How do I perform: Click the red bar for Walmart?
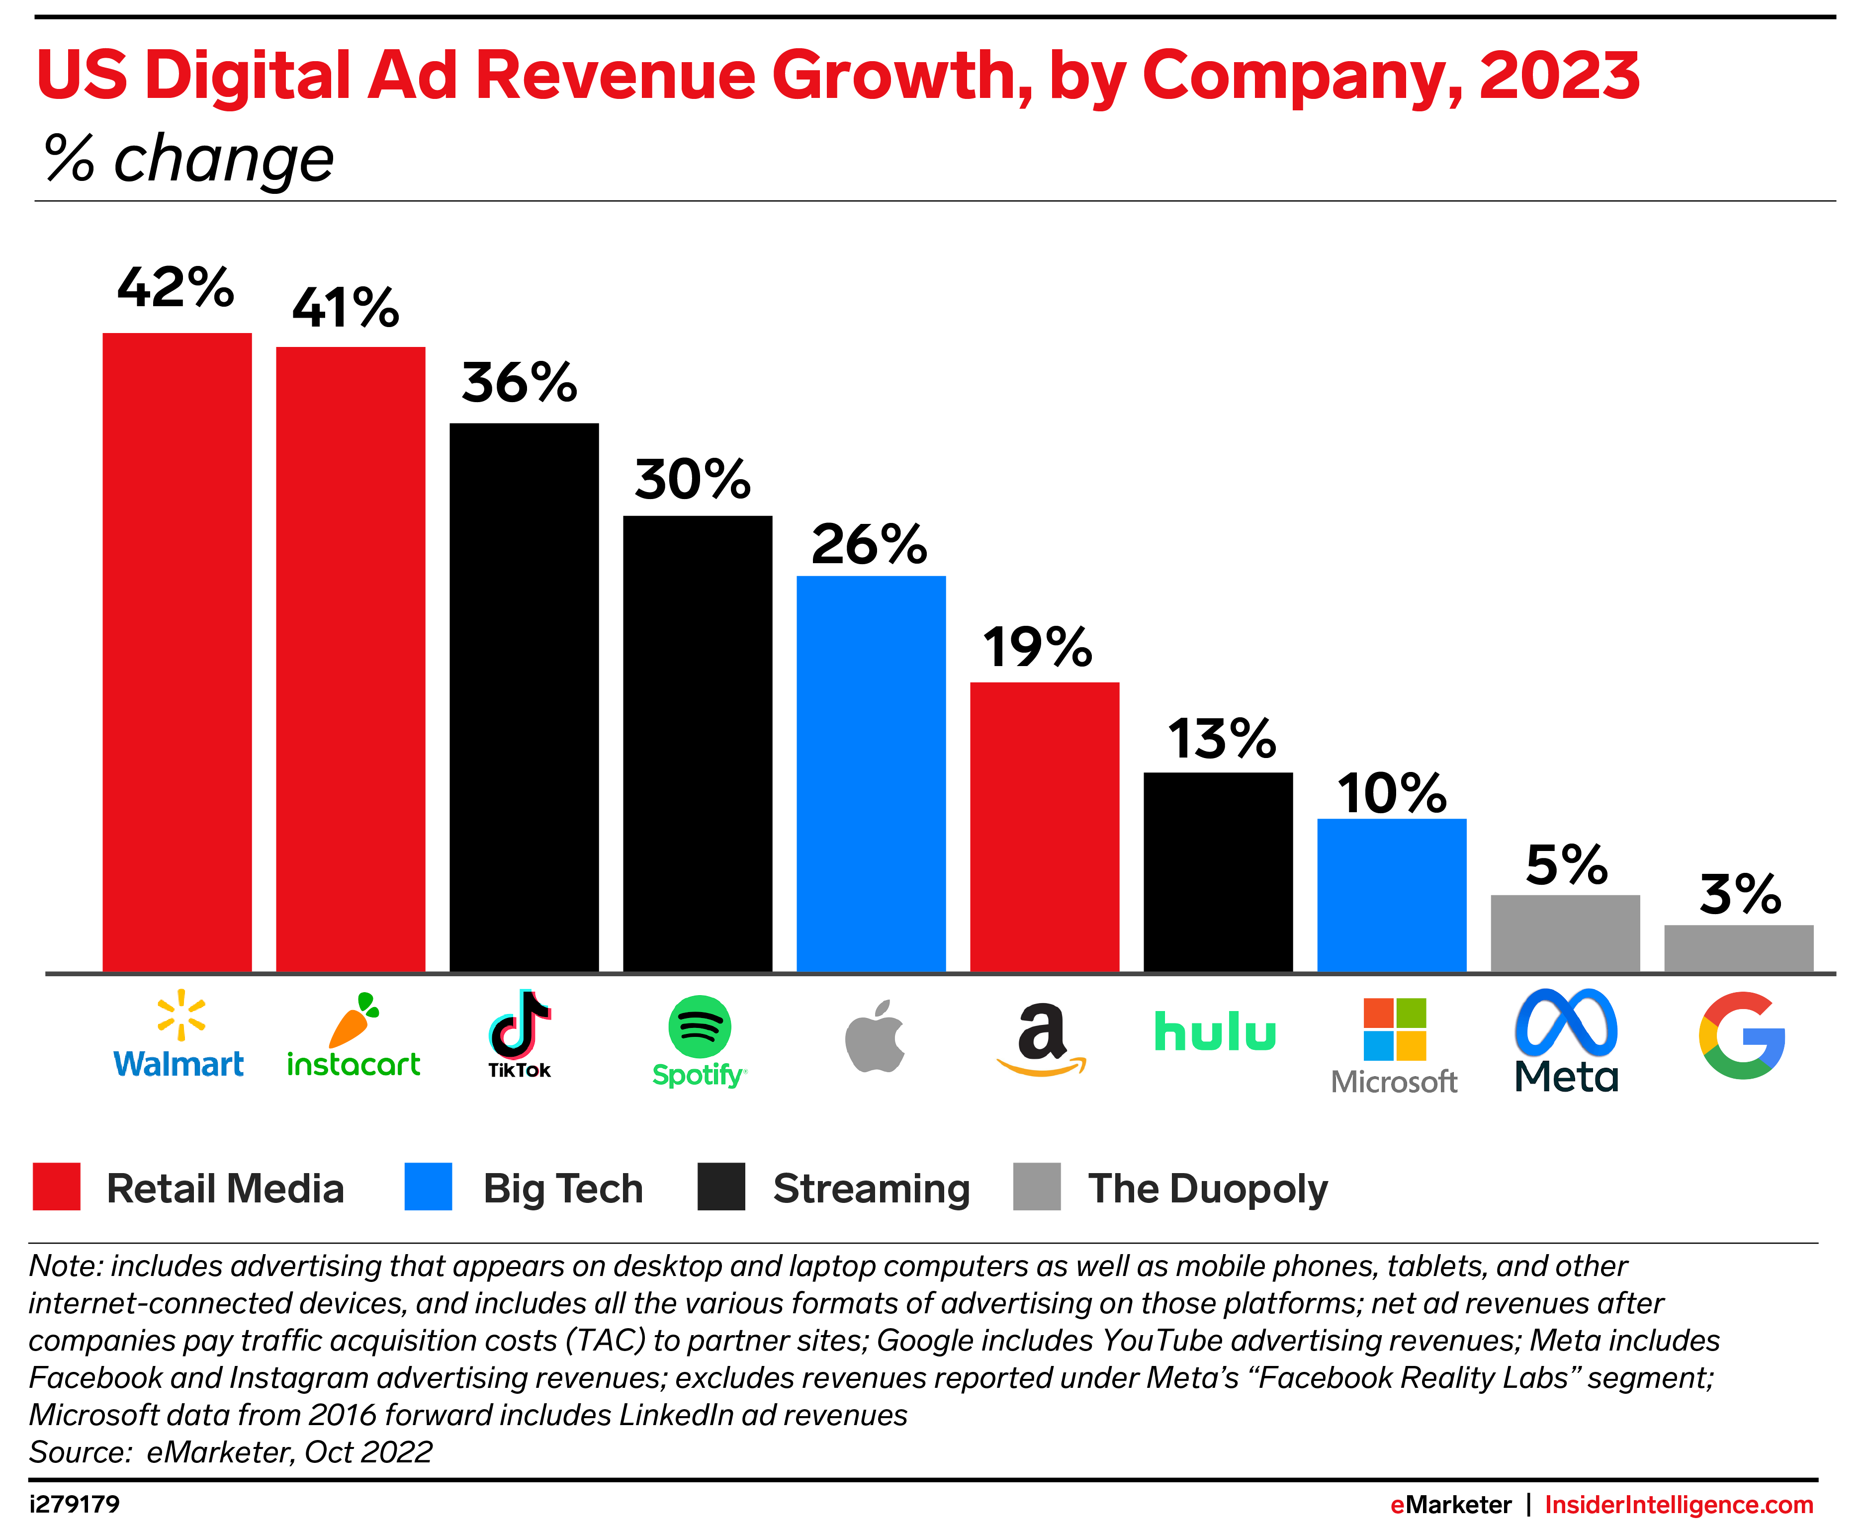pos(177,651)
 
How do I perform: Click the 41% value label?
pos(346,308)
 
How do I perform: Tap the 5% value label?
pos(1566,865)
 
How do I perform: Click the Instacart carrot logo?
pos(354,1021)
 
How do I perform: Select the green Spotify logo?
pos(699,1026)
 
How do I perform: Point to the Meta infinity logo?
pos(1566,1023)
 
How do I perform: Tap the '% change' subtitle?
pos(189,160)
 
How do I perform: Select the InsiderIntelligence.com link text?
pos(1679,1504)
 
